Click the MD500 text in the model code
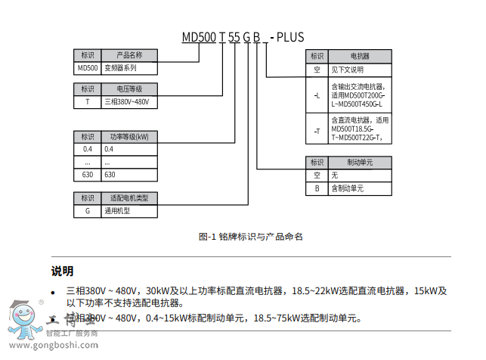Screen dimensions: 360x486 click(199, 36)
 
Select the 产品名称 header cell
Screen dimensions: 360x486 click(129, 55)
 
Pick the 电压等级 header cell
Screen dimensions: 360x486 click(129, 88)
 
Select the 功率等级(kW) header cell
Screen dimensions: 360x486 click(129, 137)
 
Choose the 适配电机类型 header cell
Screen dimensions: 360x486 click(129, 198)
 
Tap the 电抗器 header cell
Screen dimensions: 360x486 click(360, 56)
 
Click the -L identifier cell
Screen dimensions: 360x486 click(317, 95)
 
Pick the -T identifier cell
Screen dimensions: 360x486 click(317, 129)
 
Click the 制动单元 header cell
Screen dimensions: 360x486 click(360, 162)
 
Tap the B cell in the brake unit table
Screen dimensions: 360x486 click(317, 188)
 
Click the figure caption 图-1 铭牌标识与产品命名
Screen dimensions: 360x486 click(250, 237)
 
